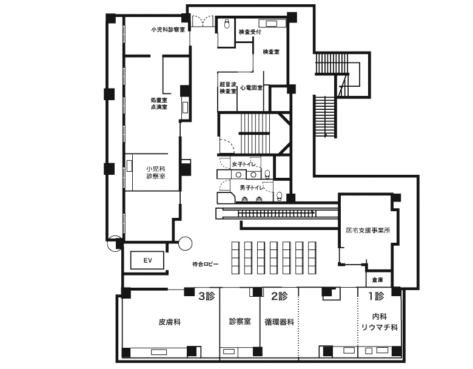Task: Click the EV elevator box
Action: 147,260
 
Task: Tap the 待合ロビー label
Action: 206,264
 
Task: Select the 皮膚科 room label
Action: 170,322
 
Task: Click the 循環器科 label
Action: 280,322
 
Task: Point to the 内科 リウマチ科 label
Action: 380,322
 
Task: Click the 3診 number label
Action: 207,296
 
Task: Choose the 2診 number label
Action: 280,296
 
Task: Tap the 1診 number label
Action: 376,296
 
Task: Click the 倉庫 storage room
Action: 377,280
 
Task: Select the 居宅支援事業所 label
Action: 367,231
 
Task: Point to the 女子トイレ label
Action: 244,164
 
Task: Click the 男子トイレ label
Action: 252,188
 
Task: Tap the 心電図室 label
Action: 252,88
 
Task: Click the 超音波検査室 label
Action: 228,87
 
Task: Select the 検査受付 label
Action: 250,32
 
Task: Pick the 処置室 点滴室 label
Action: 159,103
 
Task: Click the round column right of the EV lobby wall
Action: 185,243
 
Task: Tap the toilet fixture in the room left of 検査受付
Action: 227,24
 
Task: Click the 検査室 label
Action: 271,52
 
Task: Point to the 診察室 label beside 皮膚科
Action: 240,321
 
